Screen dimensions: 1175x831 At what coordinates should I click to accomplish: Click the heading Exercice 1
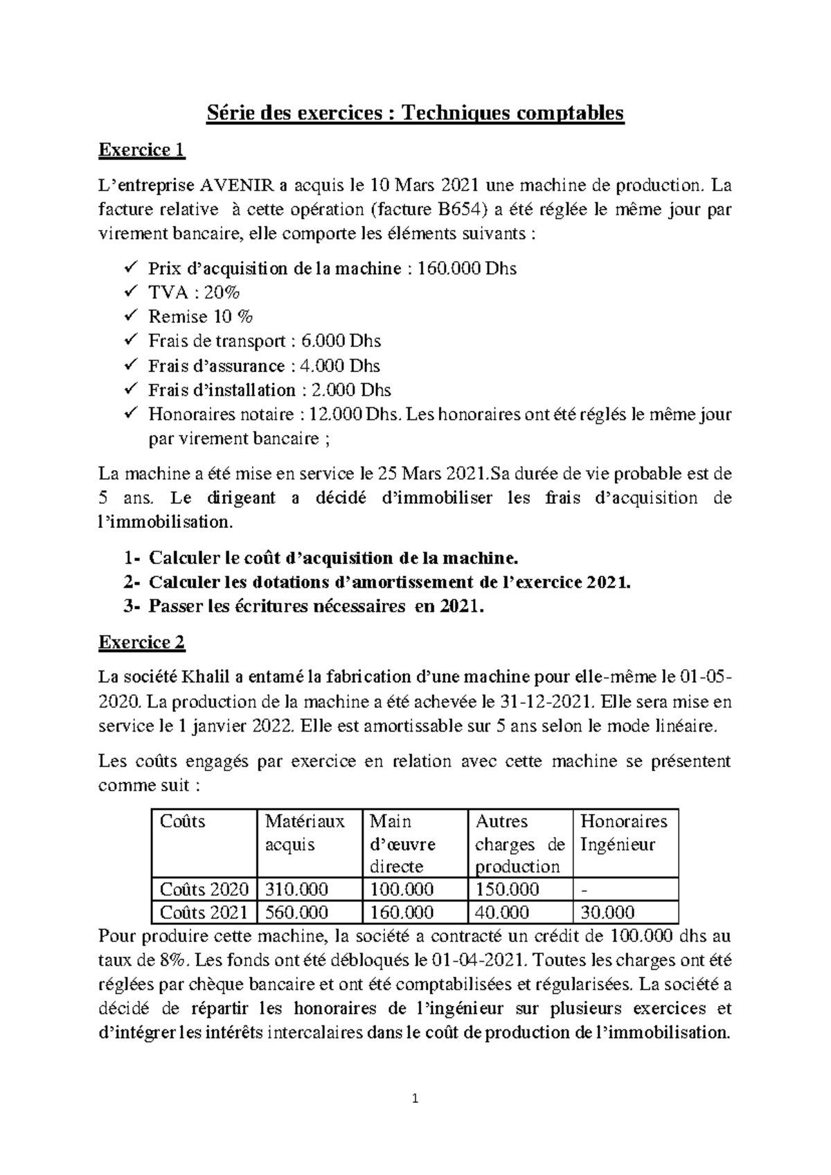[141, 150]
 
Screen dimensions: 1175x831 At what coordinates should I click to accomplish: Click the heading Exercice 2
[141, 642]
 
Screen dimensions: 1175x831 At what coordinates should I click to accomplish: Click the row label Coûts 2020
[204, 889]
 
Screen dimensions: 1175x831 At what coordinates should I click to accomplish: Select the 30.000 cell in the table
[607, 912]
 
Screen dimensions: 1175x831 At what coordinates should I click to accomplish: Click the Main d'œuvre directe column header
[403, 843]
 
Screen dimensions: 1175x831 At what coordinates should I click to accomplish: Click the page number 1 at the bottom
[415, 1098]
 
